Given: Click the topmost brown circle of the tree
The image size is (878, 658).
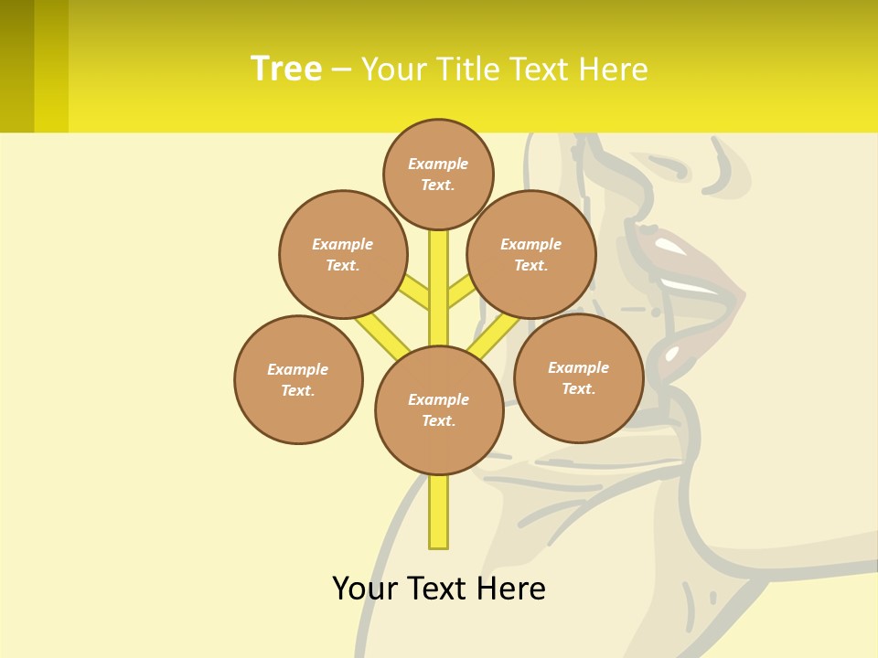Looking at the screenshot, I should [x=438, y=174].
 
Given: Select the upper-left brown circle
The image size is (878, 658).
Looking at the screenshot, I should [x=343, y=254].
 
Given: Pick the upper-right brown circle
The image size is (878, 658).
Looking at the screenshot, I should [x=531, y=254].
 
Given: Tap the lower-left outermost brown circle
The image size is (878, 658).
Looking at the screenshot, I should [x=298, y=379].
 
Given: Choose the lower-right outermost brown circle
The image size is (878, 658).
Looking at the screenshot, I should [x=578, y=377].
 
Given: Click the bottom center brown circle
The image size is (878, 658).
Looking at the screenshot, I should [x=439, y=410].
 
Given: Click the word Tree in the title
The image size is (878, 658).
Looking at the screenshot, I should [x=286, y=69].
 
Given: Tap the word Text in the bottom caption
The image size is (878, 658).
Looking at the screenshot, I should [x=438, y=588].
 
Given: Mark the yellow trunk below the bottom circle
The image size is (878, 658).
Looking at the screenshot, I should [x=439, y=512].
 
